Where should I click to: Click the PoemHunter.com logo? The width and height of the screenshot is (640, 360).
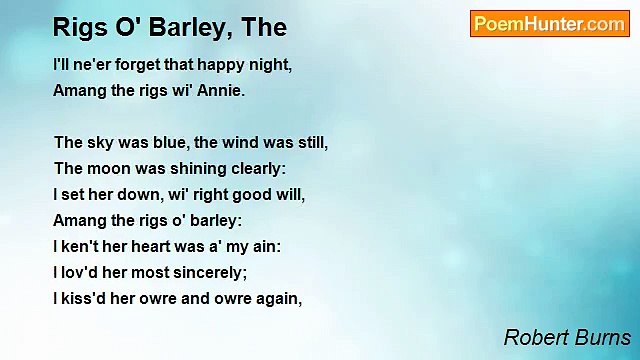tap(549, 24)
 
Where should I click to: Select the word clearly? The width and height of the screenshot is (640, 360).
tap(257, 168)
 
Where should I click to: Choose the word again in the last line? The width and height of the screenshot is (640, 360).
tap(278, 298)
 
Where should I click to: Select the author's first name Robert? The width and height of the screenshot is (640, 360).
tap(535, 337)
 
